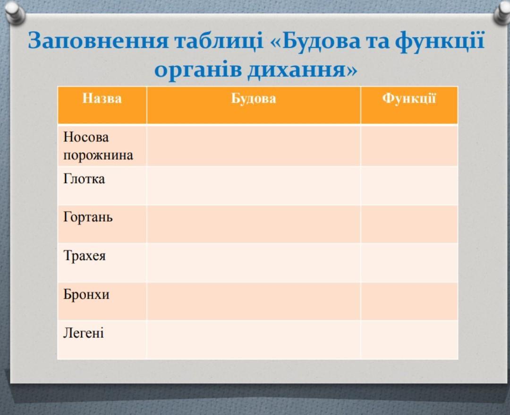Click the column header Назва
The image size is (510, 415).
(x=102, y=98)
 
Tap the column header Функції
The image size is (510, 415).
(x=409, y=98)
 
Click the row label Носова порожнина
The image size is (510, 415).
(x=98, y=146)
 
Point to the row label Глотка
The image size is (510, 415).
(x=84, y=179)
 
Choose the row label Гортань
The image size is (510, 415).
(x=88, y=217)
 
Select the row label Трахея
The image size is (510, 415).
(x=84, y=256)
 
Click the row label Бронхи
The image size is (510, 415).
(x=86, y=294)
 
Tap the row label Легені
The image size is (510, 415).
(x=84, y=333)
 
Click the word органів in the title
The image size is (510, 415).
(x=198, y=70)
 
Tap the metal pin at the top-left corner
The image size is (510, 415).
(x=13, y=12)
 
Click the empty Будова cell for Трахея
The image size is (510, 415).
(x=254, y=263)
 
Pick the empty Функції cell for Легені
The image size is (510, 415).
(x=409, y=340)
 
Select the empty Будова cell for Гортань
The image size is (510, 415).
(x=254, y=224)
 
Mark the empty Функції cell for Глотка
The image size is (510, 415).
(x=409, y=186)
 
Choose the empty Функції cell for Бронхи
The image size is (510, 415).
(x=409, y=301)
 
